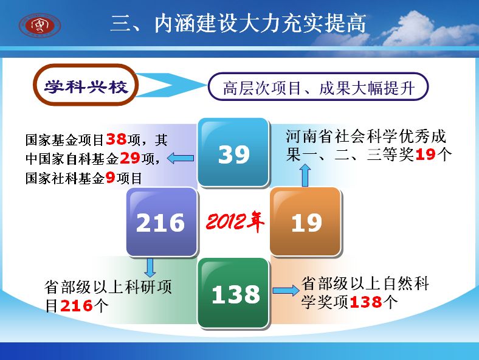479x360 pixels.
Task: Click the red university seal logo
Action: (x=40, y=25)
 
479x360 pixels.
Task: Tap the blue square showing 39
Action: (x=233, y=152)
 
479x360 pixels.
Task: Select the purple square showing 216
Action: (x=162, y=222)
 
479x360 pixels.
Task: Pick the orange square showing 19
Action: (x=305, y=222)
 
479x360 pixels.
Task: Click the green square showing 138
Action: (x=233, y=292)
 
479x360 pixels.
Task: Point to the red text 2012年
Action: (x=235, y=221)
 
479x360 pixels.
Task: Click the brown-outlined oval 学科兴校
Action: (x=86, y=85)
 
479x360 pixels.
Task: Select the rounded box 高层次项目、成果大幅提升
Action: (x=318, y=87)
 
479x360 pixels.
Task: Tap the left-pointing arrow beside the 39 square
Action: (x=181, y=158)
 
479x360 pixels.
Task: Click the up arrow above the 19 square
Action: (x=305, y=175)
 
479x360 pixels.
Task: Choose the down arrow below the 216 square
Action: (x=150, y=268)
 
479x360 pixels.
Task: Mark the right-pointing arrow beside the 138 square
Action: (x=286, y=290)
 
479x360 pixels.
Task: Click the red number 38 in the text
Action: (x=116, y=139)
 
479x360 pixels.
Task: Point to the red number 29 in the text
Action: (x=130, y=158)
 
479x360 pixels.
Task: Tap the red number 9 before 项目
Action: (x=110, y=177)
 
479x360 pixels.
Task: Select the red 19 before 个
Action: (x=426, y=154)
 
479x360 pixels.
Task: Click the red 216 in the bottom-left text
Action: (x=77, y=306)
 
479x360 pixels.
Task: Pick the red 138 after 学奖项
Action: (x=366, y=302)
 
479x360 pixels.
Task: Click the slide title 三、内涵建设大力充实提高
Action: (x=238, y=23)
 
